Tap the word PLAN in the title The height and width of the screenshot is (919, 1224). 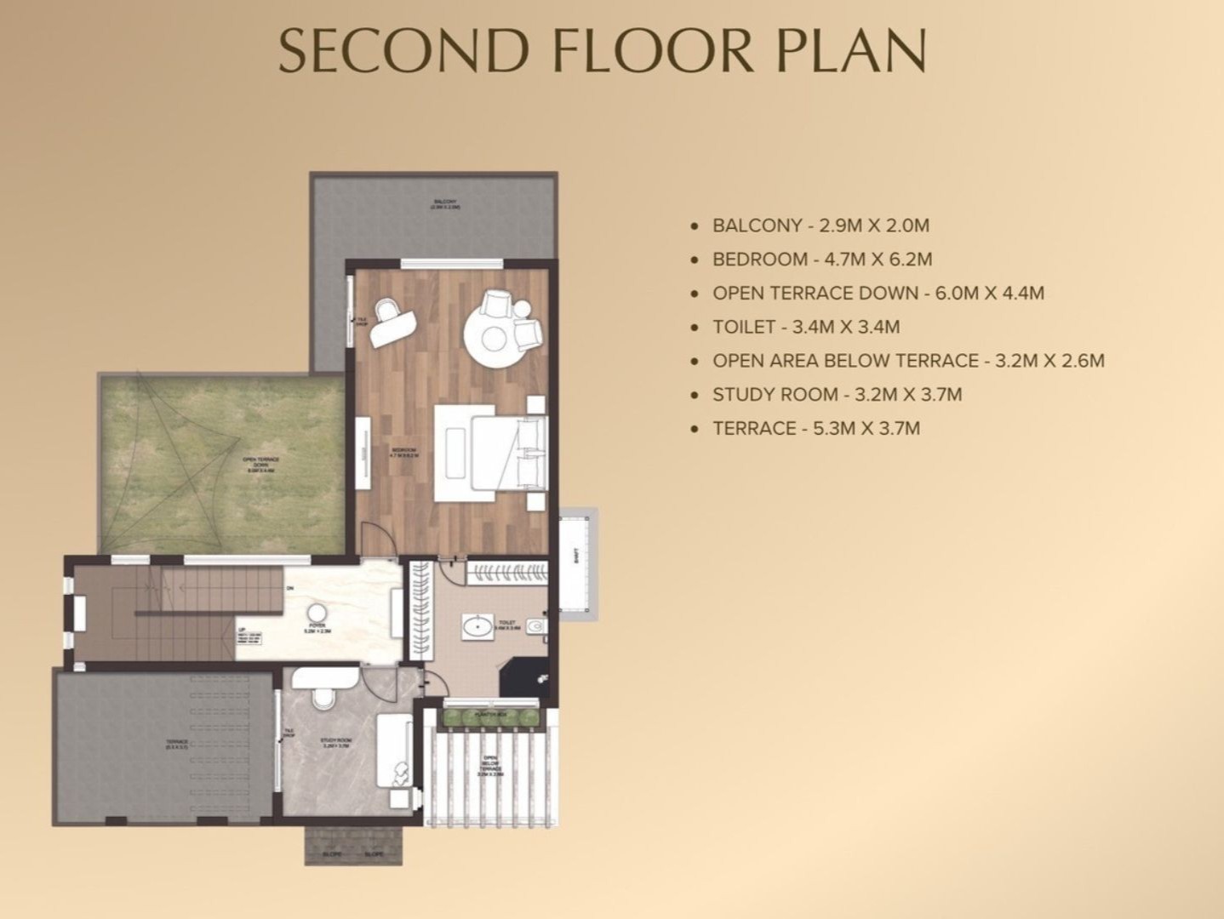point(850,50)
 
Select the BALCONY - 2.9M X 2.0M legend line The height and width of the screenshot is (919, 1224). point(821,225)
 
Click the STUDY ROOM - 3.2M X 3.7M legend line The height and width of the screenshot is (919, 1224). point(837,394)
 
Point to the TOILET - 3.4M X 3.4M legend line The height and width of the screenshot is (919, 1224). point(805,327)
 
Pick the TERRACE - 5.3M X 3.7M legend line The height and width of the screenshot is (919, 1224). point(815,428)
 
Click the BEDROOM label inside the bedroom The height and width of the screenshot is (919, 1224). point(404,453)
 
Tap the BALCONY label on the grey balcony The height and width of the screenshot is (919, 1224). point(444,204)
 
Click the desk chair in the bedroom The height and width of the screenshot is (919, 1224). point(389,312)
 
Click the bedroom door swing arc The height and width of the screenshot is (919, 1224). point(375,538)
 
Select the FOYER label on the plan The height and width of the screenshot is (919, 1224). point(317,627)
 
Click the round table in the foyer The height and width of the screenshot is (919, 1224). point(317,613)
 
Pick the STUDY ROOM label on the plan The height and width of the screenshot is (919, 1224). point(335,743)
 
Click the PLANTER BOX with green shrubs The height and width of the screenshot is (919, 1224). point(491,716)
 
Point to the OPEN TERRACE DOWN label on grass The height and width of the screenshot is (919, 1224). point(260,464)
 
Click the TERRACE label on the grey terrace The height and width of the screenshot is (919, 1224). point(176,744)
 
